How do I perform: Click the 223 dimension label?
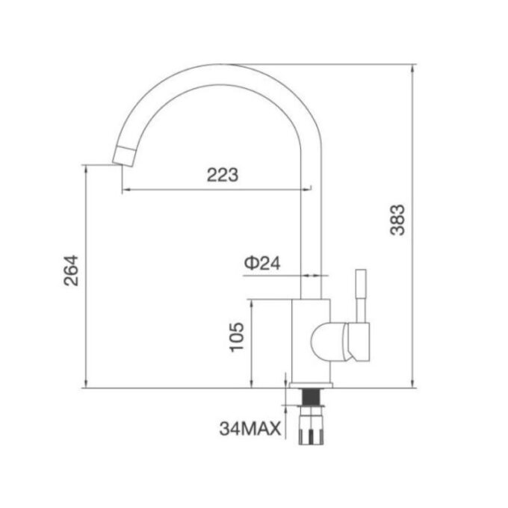tap(222, 176)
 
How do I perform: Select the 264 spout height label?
tap(70, 270)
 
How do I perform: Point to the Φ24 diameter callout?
tap(261, 263)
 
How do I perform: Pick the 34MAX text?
tap(250, 429)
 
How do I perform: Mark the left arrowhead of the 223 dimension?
tap(124, 190)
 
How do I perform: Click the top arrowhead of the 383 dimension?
tap(415, 67)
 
